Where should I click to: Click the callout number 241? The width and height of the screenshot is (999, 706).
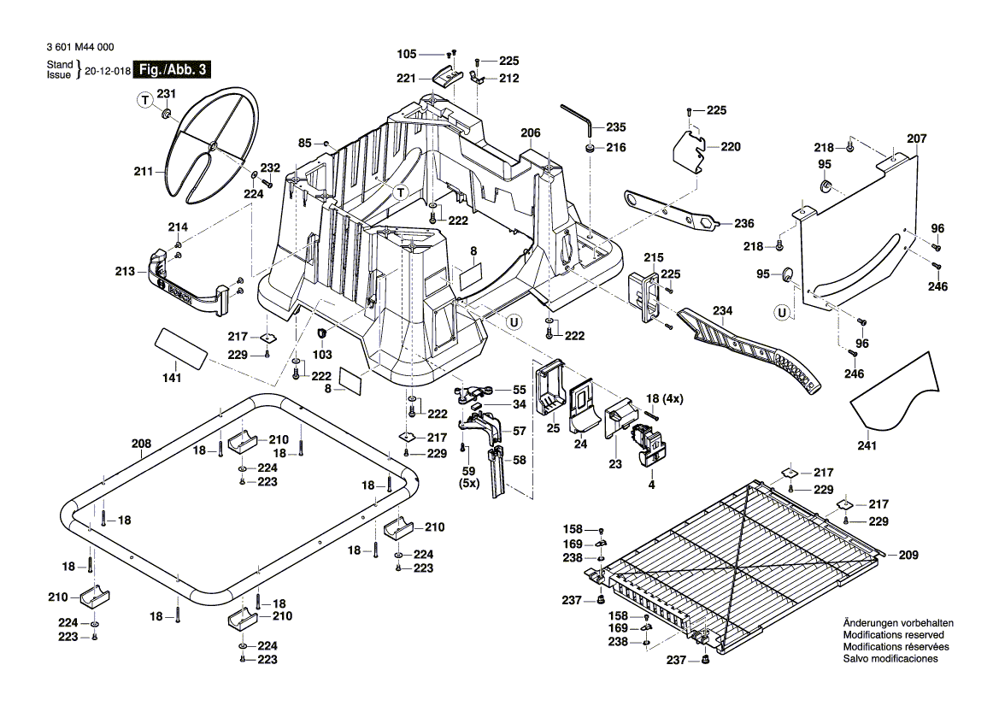pos(867,444)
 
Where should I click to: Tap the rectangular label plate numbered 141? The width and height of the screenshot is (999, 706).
pos(180,348)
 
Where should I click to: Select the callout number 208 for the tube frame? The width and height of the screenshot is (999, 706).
pos(141,444)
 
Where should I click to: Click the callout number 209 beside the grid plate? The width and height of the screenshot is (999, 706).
pos(908,555)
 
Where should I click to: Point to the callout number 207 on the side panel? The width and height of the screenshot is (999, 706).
pos(916,138)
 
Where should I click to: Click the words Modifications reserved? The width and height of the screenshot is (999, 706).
pos(893,636)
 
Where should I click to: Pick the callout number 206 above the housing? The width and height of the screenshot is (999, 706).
pos(530,132)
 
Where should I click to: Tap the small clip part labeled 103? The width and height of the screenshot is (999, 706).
pos(323,332)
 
